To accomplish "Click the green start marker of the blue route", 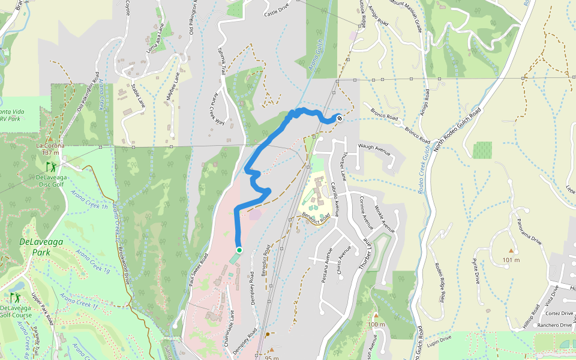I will [239, 250].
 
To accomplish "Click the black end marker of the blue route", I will [340, 118].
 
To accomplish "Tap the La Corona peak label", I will [50, 146].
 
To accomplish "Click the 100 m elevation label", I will [376, 325].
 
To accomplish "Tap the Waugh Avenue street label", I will [374, 149].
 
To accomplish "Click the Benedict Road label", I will [317, 216].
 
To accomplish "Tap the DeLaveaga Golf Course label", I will [16, 310].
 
